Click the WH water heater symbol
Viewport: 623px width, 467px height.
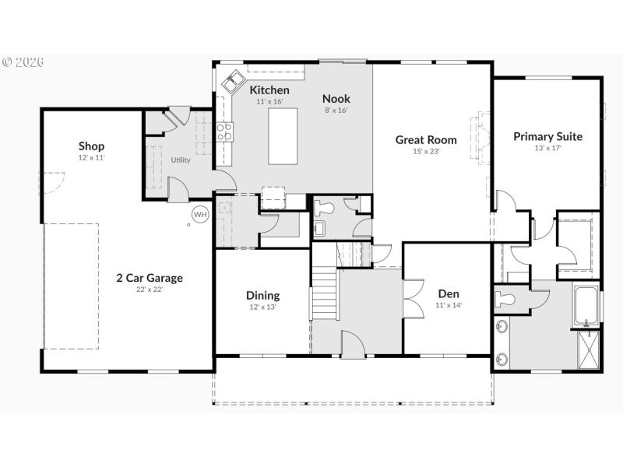(200, 214)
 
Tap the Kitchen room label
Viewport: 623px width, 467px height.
(269, 90)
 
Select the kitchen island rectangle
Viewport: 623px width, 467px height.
(283, 135)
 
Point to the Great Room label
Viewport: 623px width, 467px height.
(426, 140)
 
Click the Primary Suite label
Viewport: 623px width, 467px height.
(547, 136)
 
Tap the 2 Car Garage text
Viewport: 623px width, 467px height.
(150, 278)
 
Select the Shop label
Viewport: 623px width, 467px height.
(91, 146)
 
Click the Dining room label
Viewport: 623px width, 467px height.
(262, 296)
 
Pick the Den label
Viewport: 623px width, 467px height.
(449, 293)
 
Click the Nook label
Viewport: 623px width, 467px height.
(336, 99)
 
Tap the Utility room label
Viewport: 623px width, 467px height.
(181, 160)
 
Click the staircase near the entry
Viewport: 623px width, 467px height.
(324, 293)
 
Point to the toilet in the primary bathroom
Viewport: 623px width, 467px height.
(507, 299)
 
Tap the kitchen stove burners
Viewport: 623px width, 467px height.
(224, 132)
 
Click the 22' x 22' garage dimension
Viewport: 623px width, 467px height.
(150, 290)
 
